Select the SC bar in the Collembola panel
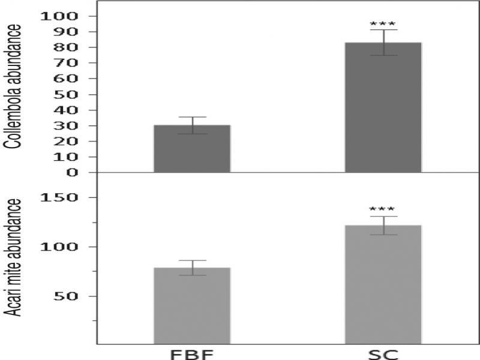[383, 108]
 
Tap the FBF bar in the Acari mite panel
[192, 306]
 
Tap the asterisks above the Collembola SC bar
[383, 25]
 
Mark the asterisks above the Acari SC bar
[383, 209]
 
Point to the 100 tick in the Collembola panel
[59, 16]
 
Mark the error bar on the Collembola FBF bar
[192, 125]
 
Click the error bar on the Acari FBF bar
[192, 268]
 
